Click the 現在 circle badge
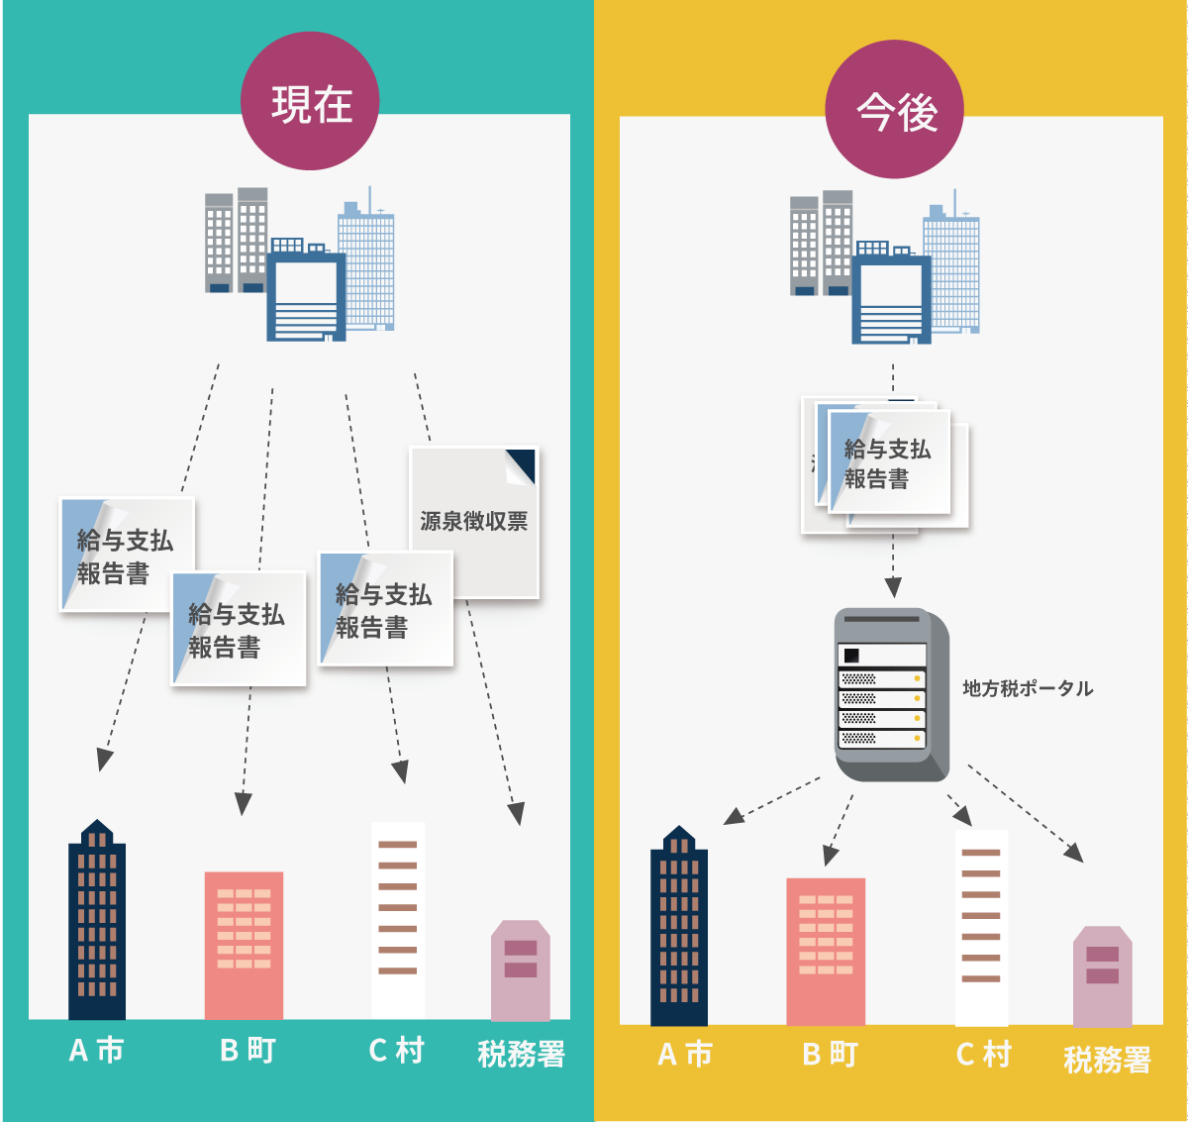[x=311, y=102]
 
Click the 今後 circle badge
[x=895, y=110]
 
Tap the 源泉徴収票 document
[x=474, y=521]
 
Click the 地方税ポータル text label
[x=1028, y=688]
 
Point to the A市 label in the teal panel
[x=97, y=1050]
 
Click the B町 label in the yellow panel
[x=830, y=1055]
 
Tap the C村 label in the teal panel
[x=396, y=1050]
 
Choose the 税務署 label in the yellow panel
[x=1107, y=1060]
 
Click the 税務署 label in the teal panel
[x=521, y=1054]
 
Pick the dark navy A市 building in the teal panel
[x=97, y=921]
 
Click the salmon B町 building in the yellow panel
[x=826, y=951]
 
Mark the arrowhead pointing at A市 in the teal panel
[x=103, y=761]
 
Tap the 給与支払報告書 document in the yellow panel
[x=888, y=463]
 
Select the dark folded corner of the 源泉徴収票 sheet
[x=522, y=462]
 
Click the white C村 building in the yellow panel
[x=981, y=927]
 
